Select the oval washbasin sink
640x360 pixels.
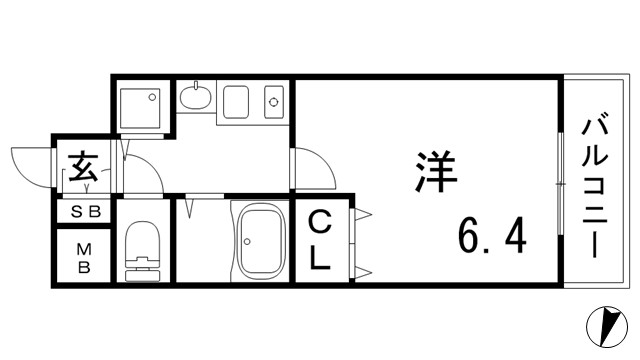pyautogui.click(x=196, y=99)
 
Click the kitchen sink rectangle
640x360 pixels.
pyautogui.click(x=236, y=101)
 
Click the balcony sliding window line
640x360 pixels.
pyautogui.click(x=558, y=186)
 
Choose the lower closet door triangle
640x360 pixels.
pyautogui.click(x=362, y=270)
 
